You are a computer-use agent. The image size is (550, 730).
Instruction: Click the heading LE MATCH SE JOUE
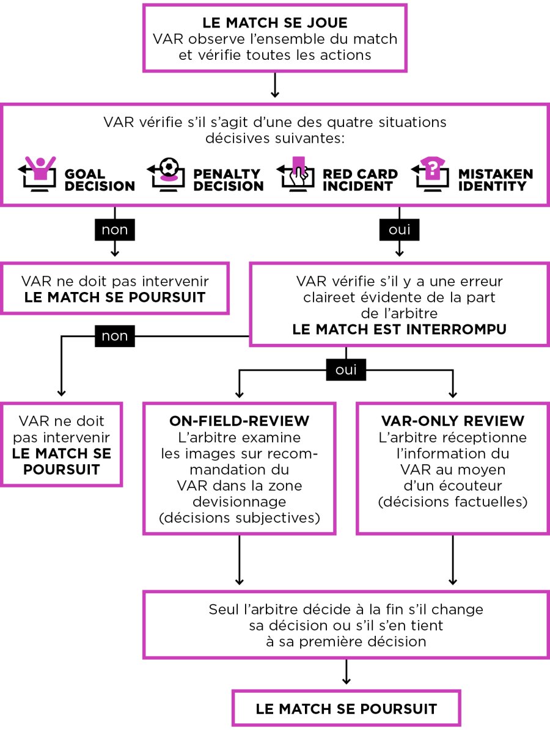pos(274,24)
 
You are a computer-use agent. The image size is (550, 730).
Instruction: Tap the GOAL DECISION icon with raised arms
pos(41,172)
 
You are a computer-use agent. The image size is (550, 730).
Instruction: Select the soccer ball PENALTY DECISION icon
pos(169,173)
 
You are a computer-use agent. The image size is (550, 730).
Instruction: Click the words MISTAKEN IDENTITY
pos(495,180)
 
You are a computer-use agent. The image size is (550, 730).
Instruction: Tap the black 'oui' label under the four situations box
pos(400,230)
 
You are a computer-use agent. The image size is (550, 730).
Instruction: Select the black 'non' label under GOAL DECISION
pos(114,230)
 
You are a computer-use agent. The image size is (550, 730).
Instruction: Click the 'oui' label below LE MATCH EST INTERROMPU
pos(346,370)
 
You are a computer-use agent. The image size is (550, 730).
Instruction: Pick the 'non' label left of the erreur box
pos(115,336)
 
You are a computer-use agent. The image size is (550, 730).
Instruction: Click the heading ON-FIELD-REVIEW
pos(239,421)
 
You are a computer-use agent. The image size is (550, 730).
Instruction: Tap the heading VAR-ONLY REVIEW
pos(452,421)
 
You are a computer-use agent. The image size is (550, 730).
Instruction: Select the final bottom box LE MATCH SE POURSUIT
pos(346,709)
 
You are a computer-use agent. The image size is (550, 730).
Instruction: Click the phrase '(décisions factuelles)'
pos(452,503)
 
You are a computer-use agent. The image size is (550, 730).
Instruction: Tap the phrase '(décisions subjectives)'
pos(239,519)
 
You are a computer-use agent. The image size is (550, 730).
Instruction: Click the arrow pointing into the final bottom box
pos(346,673)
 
